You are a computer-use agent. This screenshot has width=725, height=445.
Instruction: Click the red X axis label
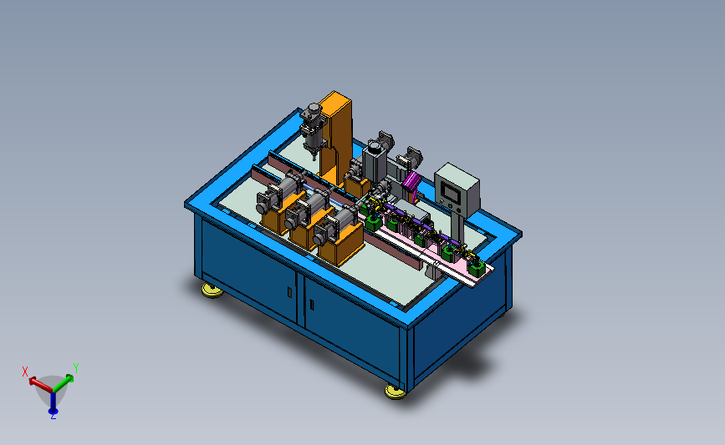[25, 372]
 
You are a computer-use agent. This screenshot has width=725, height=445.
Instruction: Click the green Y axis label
[76, 368]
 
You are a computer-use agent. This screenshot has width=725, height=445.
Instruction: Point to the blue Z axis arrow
[54, 402]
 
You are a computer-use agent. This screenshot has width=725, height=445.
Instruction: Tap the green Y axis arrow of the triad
[64, 383]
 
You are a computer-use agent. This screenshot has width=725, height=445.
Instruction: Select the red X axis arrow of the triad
[40, 385]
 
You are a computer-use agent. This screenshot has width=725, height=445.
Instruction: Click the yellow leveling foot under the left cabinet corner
[212, 291]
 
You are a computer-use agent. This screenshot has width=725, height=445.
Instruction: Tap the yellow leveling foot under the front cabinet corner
[396, 392]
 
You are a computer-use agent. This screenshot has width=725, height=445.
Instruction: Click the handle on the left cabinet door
[289, 291]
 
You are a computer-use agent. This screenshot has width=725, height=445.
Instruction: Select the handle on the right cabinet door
[312, 305]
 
